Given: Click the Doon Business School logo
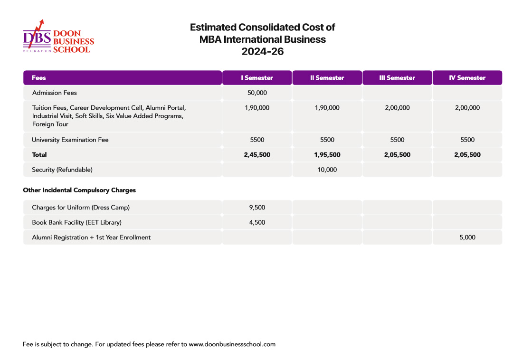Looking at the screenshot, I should (58, 37).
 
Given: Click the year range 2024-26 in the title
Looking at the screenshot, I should (262, 52).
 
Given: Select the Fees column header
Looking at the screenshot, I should (39, 78).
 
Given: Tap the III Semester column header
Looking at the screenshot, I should (397, 78).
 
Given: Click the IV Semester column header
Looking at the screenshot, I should (467, 78).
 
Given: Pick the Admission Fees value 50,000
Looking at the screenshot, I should (257, 93).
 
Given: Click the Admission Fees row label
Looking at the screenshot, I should (54, 93).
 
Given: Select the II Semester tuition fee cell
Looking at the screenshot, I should (327, 108).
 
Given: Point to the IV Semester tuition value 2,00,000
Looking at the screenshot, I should (467, 108).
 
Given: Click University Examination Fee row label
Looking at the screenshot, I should (70, 140).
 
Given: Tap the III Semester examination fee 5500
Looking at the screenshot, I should (397, 140).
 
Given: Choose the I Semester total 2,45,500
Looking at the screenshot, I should (257, 155).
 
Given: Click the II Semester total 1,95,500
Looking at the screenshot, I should (327, 155).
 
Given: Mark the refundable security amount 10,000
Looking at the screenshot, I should (327, 170).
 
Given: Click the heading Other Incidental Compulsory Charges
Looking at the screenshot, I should (79, 190).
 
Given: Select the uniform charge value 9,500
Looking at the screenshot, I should (257, 208).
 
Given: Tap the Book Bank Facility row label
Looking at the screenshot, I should (76, 222).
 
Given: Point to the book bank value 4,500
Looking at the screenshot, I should (257, 222).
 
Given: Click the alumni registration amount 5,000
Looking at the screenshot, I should (467, 237).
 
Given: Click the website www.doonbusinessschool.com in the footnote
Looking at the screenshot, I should (232, 344).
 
